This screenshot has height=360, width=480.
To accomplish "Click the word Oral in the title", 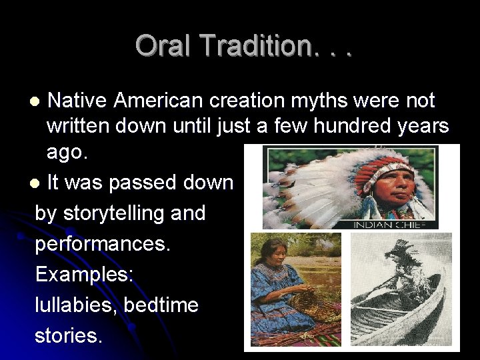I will (x=164, y=45).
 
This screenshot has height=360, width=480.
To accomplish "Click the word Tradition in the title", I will (x=255, y=45).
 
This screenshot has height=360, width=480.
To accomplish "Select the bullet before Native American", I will (x=37, y=101).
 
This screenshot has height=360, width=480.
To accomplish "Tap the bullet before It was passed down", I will (x=37, y=183).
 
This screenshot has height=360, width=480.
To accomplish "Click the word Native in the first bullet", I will (x=79, y=101).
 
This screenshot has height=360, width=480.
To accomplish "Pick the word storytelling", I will (x=107, y=213).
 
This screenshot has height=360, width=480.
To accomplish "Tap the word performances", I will (x=103, y=243).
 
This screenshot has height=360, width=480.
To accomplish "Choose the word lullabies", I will (x=73, y=305).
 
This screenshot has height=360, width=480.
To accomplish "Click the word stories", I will (x=69, y=335).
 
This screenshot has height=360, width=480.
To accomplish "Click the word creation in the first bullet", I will (x=241, y=101).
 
